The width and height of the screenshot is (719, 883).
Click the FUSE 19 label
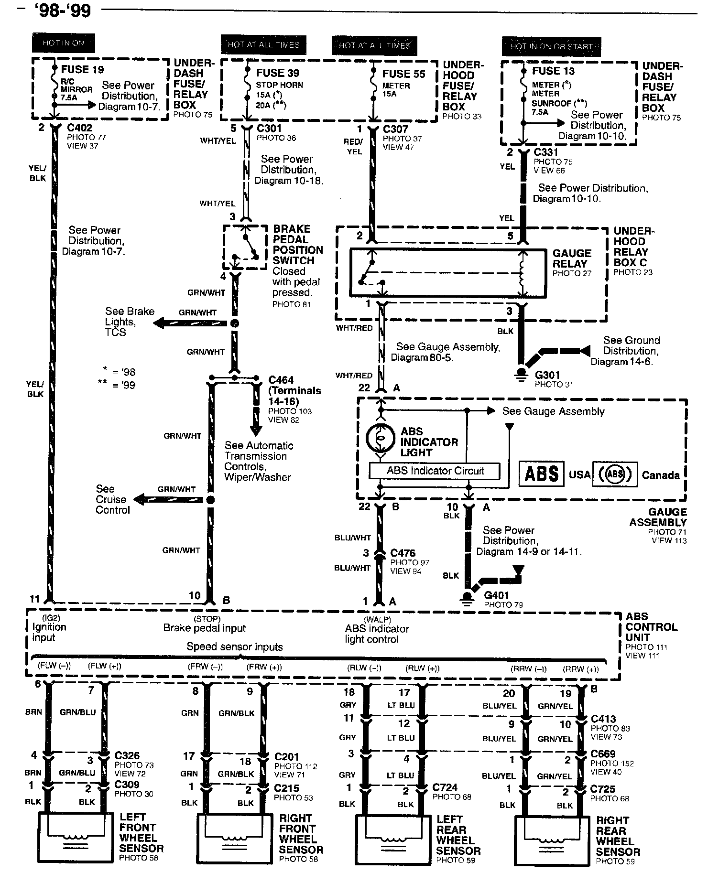coord(82,70)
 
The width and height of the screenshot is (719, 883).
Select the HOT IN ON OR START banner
coord(551,46)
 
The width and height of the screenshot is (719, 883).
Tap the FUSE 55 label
coord(403,74)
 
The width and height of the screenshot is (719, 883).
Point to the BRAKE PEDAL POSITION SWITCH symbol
coord(245,248)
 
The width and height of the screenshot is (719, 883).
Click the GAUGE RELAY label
coord(572,258)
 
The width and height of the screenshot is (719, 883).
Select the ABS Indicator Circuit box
coord(435,471)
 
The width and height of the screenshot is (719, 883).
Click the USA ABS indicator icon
coord(542,474)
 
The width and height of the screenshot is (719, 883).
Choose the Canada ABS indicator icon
coord(615,474)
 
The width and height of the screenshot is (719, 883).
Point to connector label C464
coord(281,380)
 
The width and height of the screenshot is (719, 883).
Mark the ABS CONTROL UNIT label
coord(651,627)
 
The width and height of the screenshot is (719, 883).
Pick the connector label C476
coord(403,553)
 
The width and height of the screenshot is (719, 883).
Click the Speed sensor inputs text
coord(234,646)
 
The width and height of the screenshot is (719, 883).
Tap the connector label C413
coord(603,719)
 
